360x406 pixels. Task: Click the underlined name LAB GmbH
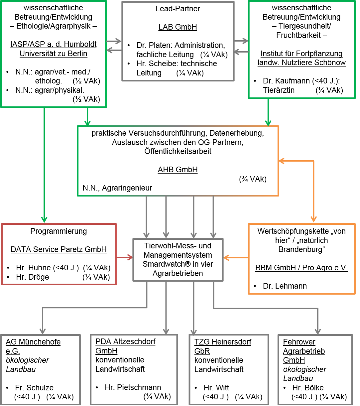[178, 27]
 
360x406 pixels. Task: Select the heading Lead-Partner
[178, 9]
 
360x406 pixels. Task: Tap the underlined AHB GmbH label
[178, 170]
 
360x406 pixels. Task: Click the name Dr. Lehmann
[285, 286]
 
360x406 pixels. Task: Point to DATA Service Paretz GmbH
[59, 249]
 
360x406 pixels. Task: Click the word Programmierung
[59, 231]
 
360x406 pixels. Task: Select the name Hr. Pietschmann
[133, 387]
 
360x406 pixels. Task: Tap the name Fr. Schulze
[34, 388]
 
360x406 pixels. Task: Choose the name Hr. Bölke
[308, 388]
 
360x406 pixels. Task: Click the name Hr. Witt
[216, 388]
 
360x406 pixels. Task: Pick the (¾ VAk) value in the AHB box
[253, 179]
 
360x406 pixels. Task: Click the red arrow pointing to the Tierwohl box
[125, 257]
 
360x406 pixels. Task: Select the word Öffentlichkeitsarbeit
[178, 151]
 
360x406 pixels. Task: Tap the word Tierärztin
[279, 90]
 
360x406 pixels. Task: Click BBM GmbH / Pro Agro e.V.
[301, 268]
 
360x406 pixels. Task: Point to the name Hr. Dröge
[33, 277]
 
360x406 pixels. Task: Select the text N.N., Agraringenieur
[117, 188]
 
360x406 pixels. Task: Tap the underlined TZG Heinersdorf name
[223, 342]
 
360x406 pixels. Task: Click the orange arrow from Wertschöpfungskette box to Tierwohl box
[236, 258]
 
